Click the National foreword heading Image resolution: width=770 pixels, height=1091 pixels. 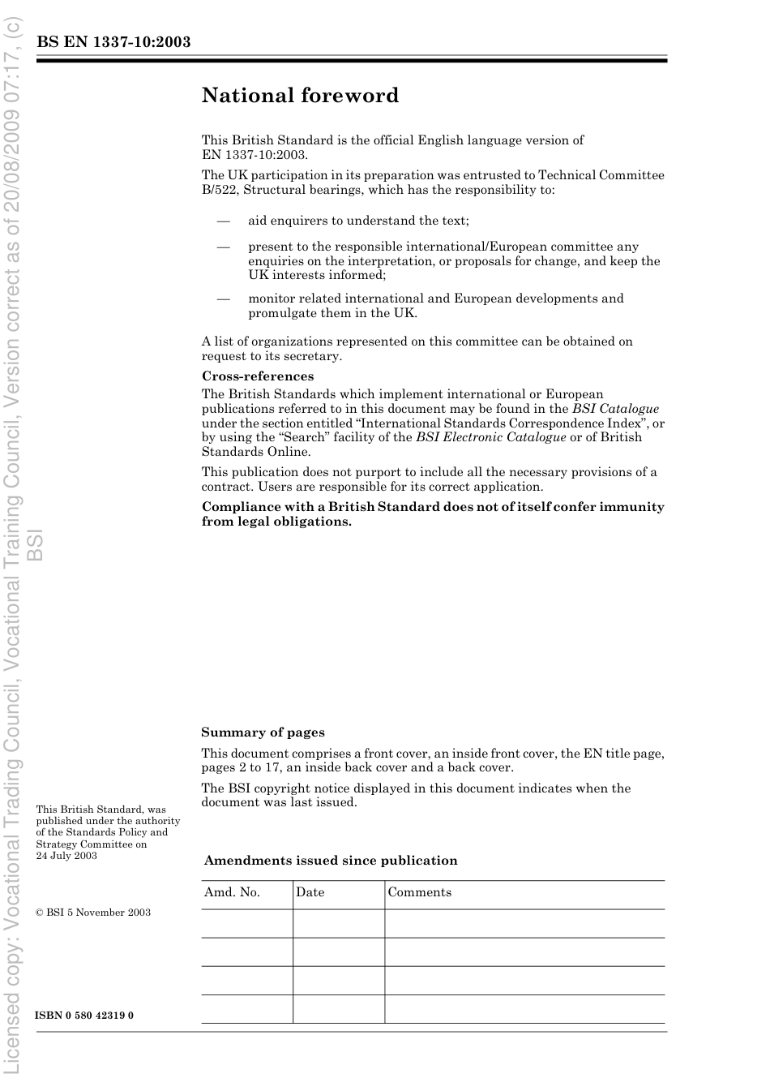[x=300, y=96]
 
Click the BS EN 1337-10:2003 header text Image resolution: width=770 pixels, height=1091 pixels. [x=113, y=42]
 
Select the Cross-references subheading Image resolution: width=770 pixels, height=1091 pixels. [x=257, y=376]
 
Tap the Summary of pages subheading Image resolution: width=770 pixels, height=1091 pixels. [x=263, y=732]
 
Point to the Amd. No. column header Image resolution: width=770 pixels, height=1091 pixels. [x=232, y=892]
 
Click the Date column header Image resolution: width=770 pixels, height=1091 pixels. [x=310, y=892]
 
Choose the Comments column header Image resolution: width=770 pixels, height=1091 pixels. [x=419, y=892]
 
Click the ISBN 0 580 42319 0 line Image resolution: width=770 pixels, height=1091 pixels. [x=84, y=1016]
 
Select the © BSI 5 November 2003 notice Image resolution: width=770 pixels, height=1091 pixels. [x=93, y=913]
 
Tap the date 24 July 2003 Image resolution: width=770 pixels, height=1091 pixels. [x=66, y=856]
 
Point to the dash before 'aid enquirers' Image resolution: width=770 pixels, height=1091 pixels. [x=223, y=221]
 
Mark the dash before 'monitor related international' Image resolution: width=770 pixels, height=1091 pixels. [x=223, y=299]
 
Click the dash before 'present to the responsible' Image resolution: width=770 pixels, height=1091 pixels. [x=223, y=247]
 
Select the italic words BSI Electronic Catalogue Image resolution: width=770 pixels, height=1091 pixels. [x=490, y=437]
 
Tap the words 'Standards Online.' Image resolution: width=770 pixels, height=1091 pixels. [x=255, y=452]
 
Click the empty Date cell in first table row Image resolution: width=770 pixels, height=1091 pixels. [x=338, y=923]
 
